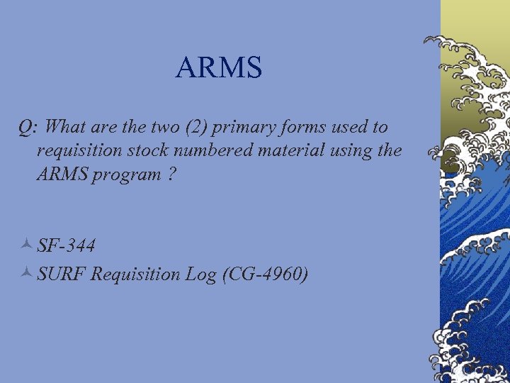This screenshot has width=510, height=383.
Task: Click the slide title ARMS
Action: (x=219, y=68)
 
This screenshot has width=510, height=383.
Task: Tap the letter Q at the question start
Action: (x=25, y=128)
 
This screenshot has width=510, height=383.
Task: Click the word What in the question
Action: (x=74, y=127)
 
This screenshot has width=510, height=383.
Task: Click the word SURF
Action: (x=62, y=274)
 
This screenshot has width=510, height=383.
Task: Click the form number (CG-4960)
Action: (x=264, y=274)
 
